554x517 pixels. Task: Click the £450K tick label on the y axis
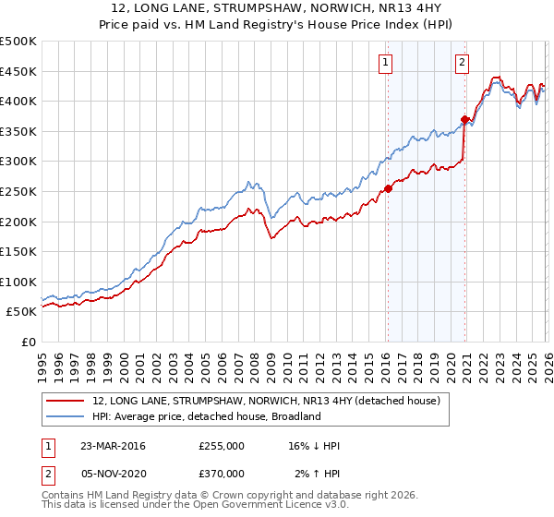click(x=18, y=71)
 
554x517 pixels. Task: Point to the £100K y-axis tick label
click(x=18, y=282)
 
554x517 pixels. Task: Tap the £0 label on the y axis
click(x=28, y=342)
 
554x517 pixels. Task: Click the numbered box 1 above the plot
click(x=384, y=63)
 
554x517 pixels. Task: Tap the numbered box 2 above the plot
click(x=462, y=63)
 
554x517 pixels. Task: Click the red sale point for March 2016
click(x=388, y=188)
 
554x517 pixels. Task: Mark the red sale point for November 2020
click(x=464, y=119)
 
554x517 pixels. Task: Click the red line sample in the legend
click(x=66, y=401)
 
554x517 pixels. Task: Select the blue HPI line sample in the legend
click(x=66, y=416)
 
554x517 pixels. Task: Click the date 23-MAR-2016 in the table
click(x=112, y=446)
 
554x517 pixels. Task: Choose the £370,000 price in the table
click(x=222, y=473)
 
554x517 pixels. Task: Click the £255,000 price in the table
click(x=222, y=446)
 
